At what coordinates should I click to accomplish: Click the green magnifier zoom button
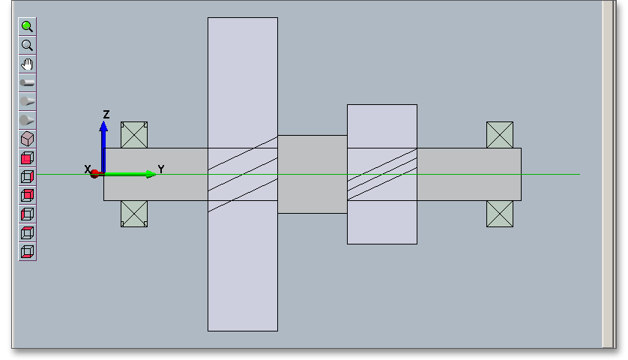tap(28, 26)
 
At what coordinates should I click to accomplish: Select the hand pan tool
tap(28, 64)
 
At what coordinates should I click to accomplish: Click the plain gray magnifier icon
tap(28, 45)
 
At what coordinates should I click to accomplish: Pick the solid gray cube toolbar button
tap(28, 139)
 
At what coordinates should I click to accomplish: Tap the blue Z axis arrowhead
tap(104, 126)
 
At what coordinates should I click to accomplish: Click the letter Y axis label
tap(161, 169)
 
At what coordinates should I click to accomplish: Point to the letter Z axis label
tap(106, 115)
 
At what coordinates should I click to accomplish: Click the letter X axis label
tap(88, 169)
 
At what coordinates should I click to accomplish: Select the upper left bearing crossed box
tap(134, 135)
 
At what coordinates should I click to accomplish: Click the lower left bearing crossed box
tap(134, 213)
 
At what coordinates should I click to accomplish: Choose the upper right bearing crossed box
tap(500, 135)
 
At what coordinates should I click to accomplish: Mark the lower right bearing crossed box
tap(500, 213)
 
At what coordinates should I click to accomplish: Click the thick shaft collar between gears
tap(313, 174)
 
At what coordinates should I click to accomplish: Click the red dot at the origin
tap(95, 174)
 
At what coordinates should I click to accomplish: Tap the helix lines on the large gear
tap(243, 174)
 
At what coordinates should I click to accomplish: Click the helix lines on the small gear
tap(382, 174)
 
